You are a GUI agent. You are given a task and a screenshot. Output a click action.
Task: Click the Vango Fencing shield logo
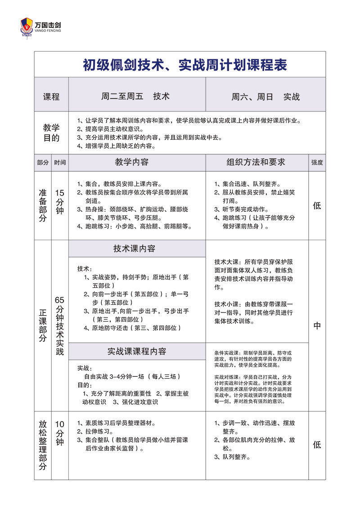27,27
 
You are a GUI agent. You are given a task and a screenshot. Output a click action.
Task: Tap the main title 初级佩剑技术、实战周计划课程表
185,65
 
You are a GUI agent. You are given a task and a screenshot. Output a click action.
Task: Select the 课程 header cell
51,97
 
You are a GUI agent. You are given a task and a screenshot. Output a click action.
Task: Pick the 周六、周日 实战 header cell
265,97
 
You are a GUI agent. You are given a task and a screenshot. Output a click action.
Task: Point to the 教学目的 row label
51,133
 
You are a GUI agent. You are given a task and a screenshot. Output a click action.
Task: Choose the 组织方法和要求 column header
256,162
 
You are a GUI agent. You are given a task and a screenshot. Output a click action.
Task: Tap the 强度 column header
317,163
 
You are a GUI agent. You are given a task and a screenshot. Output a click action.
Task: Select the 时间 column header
60,163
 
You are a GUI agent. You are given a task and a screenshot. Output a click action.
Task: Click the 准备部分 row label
43,205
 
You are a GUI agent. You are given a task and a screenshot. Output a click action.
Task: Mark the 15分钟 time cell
60,201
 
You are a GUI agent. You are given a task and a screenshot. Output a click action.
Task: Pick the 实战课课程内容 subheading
137,351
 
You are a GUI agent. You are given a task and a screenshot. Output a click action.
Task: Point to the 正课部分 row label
43,326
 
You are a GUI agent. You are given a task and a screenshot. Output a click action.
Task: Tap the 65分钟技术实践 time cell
60,326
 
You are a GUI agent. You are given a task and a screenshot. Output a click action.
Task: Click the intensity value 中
317,326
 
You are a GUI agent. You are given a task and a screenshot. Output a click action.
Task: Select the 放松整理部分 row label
43,445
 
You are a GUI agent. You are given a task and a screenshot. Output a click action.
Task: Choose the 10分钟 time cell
60,433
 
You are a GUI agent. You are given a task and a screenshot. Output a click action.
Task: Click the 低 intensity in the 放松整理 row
317,445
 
